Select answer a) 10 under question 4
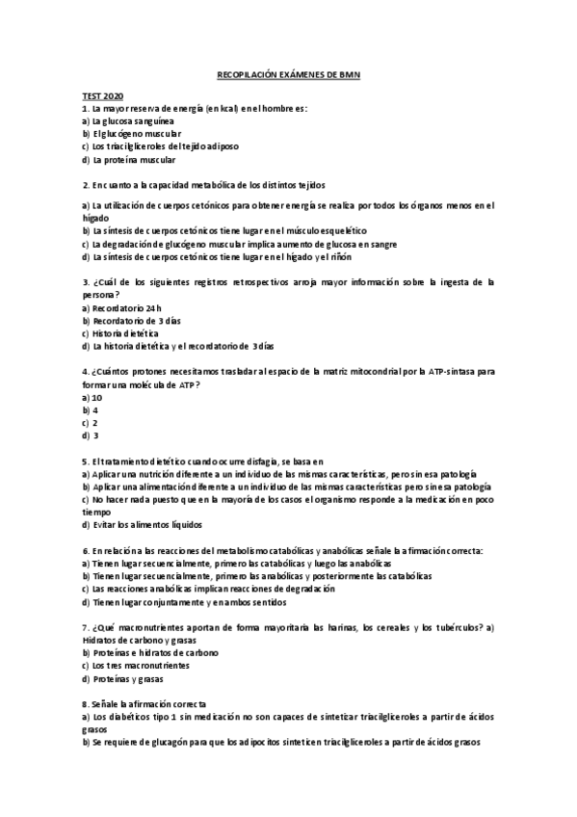(x=92, y=397)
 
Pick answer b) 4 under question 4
(x=91, y=409)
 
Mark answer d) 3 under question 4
(x=91, y=435)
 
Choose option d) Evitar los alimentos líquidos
(x=142, y=525)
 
